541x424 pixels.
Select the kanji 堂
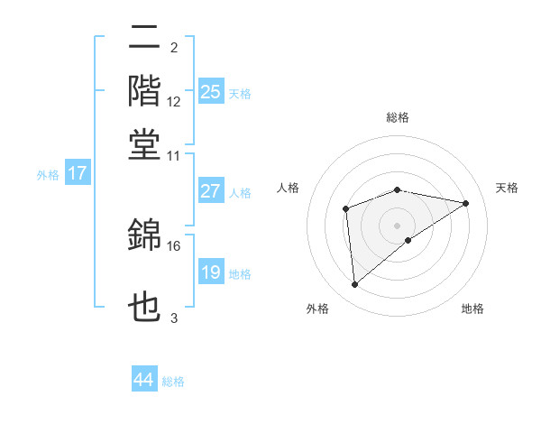[x=145, y=143]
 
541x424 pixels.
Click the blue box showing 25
[x=211, y=91]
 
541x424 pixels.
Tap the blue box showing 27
[x=211, y=191]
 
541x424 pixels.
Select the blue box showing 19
[x=211, y=272]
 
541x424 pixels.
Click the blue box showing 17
[x=77, y=173]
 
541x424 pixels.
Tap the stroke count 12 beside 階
[x=174, y=102]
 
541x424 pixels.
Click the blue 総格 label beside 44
[x=173, y=382]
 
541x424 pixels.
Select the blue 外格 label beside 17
[x=48, y=175]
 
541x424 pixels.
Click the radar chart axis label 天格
[x=507, y=188]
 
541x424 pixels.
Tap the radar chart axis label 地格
[x=472, y=309]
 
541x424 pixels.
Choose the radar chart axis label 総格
[x=397, y=117]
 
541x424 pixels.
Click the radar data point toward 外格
[x=355, y=285]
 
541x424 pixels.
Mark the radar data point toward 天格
[x=466, y=203]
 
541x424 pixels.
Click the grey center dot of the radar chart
[x=397, y=225]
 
